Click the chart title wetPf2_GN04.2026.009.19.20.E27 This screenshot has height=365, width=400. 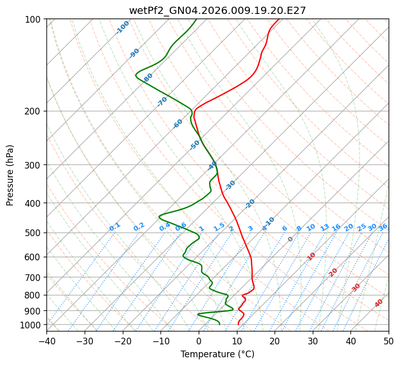(x=217, y=10)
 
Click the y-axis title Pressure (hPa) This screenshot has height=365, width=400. (x=10, y=175)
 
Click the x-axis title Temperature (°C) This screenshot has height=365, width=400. (x=217, y=354)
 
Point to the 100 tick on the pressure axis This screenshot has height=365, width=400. (x=34, y=19)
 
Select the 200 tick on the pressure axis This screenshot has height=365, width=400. (x=34, y=111)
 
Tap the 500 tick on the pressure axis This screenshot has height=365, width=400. (x=34, y=233)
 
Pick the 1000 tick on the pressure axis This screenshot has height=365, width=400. (x=32, y=325)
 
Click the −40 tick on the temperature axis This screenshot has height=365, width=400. (x=46, y=341)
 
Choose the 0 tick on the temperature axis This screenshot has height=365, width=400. (x=199, y=341)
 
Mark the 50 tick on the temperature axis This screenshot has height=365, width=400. (x=389, y=341)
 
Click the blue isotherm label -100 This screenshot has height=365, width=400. (x=123, y=27)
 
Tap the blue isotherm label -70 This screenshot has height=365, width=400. (x=163, y=102)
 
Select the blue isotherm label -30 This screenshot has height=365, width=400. (x=230, y=186)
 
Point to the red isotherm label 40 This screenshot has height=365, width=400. (x=379, y=303)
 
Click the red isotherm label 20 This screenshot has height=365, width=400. (x=333, y=272)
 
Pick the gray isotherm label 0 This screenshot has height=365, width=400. (x=291, y=239)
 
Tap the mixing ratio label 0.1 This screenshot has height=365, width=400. (x=115, y=227)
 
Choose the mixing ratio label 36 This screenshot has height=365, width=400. (x=383, y=227)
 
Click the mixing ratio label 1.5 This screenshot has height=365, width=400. (x=219, y=227)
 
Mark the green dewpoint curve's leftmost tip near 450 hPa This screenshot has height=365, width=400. (x=159, y=215)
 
